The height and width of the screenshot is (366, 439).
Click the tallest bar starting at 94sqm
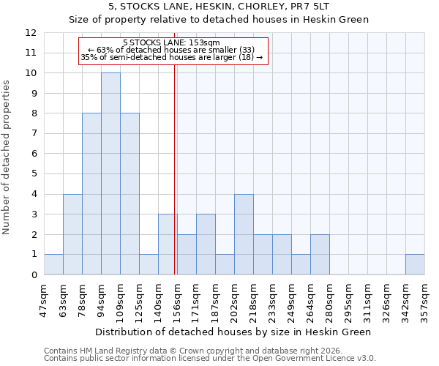coord(110,173)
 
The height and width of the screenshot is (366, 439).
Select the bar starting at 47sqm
coord(53,264)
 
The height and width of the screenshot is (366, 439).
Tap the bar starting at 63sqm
coord(72,234)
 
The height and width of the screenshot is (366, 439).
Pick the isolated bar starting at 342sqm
coord(415,264)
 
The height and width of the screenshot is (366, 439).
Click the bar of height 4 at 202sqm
coord(244,234)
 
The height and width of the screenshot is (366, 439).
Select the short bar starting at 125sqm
coord(149,264)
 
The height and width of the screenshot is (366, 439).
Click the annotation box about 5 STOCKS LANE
coord(173,51)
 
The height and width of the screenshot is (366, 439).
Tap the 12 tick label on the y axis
coord(31,33)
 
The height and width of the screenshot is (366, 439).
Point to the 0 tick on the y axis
coord(34,274)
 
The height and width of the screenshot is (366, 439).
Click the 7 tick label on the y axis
coord(34,134)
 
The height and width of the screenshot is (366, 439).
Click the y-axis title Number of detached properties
coord(7,158)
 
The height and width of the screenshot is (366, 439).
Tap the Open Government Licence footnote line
coord(210,359)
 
